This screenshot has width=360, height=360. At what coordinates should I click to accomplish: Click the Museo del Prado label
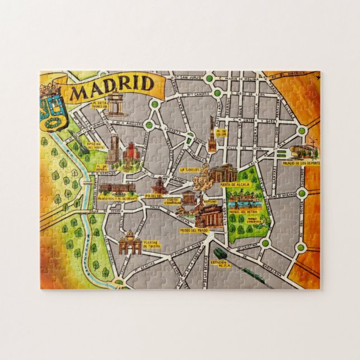click(x=193, y=230)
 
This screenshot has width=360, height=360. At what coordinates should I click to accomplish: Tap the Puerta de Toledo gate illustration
click(x=130, y=242)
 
